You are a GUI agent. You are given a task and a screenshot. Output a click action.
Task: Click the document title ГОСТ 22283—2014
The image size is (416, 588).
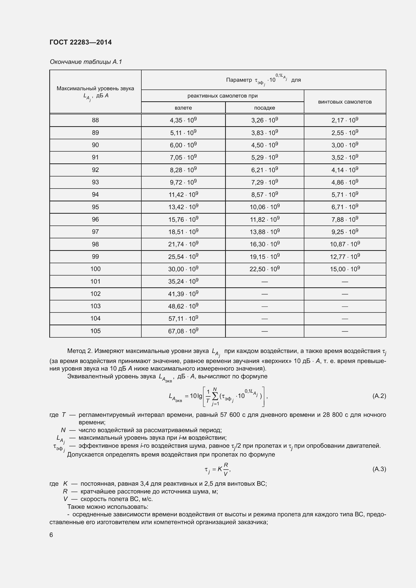80,42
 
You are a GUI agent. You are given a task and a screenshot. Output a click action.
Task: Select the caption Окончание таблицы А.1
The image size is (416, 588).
86,62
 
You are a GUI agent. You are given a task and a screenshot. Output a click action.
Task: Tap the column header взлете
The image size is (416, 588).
183,108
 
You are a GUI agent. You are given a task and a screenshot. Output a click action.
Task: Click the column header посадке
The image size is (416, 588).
264,108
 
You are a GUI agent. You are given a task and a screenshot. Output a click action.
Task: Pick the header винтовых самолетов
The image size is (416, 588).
345,102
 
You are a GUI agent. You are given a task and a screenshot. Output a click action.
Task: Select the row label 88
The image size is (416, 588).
95,120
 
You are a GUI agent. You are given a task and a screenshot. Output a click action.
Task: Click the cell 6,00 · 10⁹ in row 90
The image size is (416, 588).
183,145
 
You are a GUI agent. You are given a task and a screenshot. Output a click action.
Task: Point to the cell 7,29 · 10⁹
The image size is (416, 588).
264,182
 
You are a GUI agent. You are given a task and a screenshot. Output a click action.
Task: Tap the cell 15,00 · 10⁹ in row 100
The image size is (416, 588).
345,269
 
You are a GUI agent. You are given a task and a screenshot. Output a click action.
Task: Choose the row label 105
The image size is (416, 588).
95,331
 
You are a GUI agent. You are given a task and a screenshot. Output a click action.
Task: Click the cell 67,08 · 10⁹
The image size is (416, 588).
183,331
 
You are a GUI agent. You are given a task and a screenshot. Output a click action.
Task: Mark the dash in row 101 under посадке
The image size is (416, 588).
264,282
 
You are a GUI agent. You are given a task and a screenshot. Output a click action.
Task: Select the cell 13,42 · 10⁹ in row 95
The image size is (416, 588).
183,207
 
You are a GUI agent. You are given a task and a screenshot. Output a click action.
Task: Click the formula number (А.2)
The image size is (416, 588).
379,396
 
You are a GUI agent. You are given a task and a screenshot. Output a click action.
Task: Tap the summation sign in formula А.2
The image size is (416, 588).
215,396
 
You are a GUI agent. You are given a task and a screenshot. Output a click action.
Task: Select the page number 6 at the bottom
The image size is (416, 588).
51,535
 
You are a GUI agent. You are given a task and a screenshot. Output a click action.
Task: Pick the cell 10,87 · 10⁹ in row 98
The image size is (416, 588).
345,244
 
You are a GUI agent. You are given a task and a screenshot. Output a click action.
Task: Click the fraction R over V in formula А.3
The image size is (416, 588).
226,469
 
